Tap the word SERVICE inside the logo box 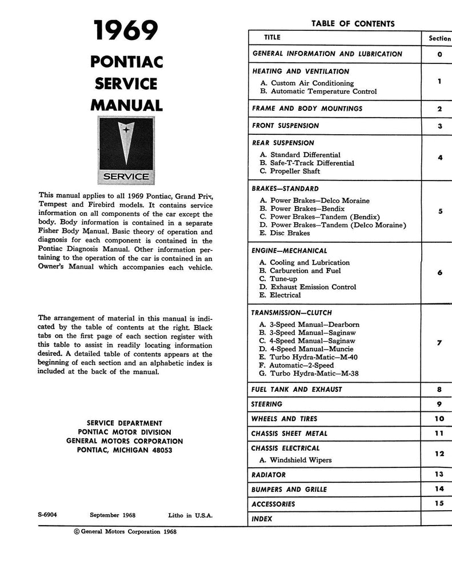[126, 177]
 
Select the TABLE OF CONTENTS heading [353, 23]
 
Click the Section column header [439, 38]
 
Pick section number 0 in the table [439, 54]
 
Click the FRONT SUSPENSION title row [286, 126]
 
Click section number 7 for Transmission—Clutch [439, 343]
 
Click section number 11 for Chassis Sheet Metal [439, 433]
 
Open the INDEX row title [262, 519]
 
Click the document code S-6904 [47, 514]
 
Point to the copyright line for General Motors [125, 532]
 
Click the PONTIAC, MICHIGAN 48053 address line [125, 451]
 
